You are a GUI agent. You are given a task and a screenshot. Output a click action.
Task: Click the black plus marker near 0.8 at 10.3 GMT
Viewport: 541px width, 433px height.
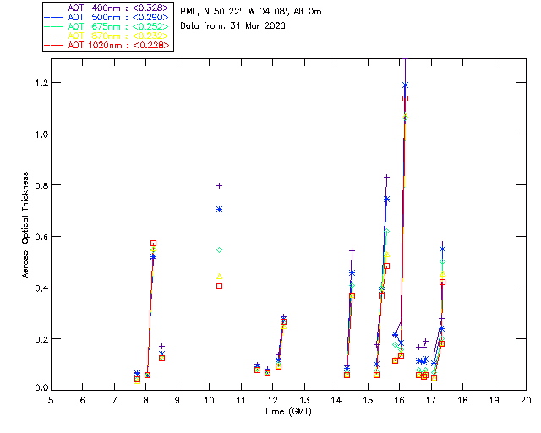219,185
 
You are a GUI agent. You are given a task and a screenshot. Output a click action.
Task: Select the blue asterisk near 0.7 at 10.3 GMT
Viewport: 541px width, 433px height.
219,209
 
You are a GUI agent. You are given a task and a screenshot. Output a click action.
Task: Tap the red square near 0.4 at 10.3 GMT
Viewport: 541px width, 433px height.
219,286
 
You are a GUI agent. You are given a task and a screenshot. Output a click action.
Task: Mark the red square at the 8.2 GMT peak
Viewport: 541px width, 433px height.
153,244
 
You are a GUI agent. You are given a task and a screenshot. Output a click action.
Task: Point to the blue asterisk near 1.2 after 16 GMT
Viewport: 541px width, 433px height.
406,85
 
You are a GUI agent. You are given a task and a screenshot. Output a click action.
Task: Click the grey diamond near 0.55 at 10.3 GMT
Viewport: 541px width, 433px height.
219,249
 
